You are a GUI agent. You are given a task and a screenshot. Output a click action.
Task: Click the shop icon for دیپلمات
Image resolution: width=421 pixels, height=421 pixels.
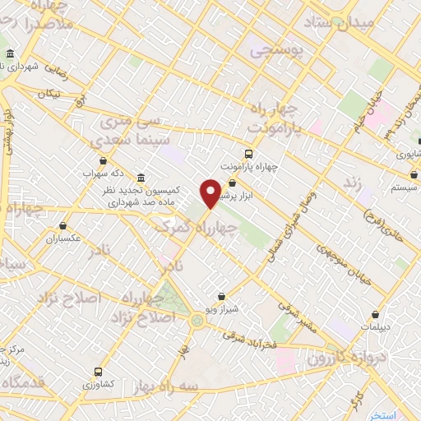tap(376, 314)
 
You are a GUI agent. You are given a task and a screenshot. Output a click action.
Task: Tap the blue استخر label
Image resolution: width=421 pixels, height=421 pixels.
tap(382, 413)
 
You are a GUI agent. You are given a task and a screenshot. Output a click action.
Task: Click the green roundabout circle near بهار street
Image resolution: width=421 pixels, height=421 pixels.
tap(197, 319)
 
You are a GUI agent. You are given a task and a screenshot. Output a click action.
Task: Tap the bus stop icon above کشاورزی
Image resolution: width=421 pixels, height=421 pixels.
tap(99, 371)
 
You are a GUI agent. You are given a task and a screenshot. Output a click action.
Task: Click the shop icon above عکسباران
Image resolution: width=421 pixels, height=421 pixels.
tap(62, 225)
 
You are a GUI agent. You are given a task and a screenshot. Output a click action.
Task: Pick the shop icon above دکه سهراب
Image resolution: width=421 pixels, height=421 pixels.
tap(103, 161)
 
